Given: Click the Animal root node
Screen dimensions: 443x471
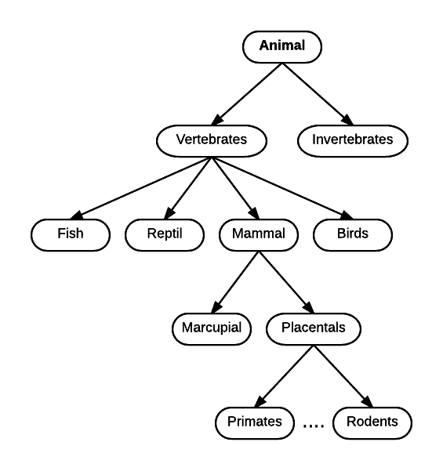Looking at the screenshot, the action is point(282,47).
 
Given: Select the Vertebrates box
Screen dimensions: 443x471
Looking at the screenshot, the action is point(212,141).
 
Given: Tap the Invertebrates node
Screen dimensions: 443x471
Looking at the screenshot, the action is point(353,141).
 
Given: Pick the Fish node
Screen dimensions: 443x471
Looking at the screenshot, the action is point(71,235).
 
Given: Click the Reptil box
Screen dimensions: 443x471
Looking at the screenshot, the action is point(165,235).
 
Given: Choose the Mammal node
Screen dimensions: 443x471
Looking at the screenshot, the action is point(259,235).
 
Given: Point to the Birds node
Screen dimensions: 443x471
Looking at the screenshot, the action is point(353,235).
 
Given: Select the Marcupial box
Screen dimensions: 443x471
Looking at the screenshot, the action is point(212,329).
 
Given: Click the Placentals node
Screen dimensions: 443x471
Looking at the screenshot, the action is point(314,329).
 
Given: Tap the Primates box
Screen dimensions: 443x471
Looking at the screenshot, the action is point(255,423).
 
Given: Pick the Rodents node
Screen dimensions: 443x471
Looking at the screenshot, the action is point(372,423).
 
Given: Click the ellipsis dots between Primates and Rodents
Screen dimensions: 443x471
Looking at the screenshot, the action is point(314,426).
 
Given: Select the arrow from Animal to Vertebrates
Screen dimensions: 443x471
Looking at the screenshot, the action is point(247,94).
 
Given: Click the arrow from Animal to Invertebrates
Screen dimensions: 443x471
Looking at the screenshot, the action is point(318,94).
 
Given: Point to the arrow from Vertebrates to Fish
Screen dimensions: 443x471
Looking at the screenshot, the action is point(141,188).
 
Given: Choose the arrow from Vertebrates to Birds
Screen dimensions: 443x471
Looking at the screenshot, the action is point(282,188).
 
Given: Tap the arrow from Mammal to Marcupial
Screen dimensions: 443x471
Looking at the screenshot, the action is point(235,282).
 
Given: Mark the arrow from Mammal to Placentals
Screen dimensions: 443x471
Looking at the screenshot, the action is point(286,282).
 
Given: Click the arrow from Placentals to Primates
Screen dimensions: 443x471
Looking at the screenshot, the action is point(284,376).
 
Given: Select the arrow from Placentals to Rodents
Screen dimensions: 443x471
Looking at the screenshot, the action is point(343,376).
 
